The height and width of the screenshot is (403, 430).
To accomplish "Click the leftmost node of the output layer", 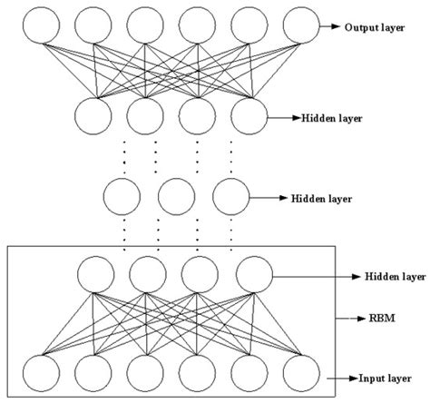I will tap(42, 27).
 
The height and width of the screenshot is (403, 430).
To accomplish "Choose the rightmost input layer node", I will tap(302, 374).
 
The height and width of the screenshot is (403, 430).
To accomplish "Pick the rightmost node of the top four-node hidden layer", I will tap(250, 116).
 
